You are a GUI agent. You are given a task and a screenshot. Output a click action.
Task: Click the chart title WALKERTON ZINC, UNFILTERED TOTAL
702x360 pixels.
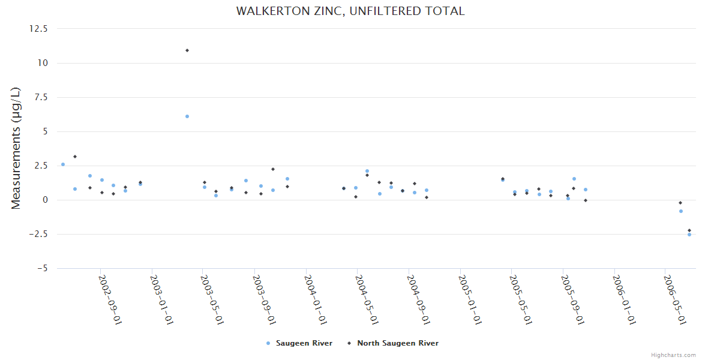[x=350, y=11]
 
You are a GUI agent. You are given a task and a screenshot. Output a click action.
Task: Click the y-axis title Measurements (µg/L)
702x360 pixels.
[x=16, y=148]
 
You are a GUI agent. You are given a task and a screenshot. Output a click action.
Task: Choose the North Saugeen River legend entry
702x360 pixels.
[x=397, y=343]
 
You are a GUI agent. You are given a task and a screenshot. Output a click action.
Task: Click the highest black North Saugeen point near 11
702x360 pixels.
[x=187, y=50]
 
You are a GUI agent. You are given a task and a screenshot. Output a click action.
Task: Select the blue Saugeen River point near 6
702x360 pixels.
[x=187, y=116]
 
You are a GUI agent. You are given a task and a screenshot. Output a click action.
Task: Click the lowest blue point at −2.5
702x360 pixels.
[x=689, y=235]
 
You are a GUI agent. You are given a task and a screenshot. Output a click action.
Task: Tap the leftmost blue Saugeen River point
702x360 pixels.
[x=63, y=164]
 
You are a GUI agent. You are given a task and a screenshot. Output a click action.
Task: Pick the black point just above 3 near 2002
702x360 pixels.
[x=75, y=157]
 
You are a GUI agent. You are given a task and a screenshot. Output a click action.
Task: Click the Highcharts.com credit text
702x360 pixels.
[x=673, y=355]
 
